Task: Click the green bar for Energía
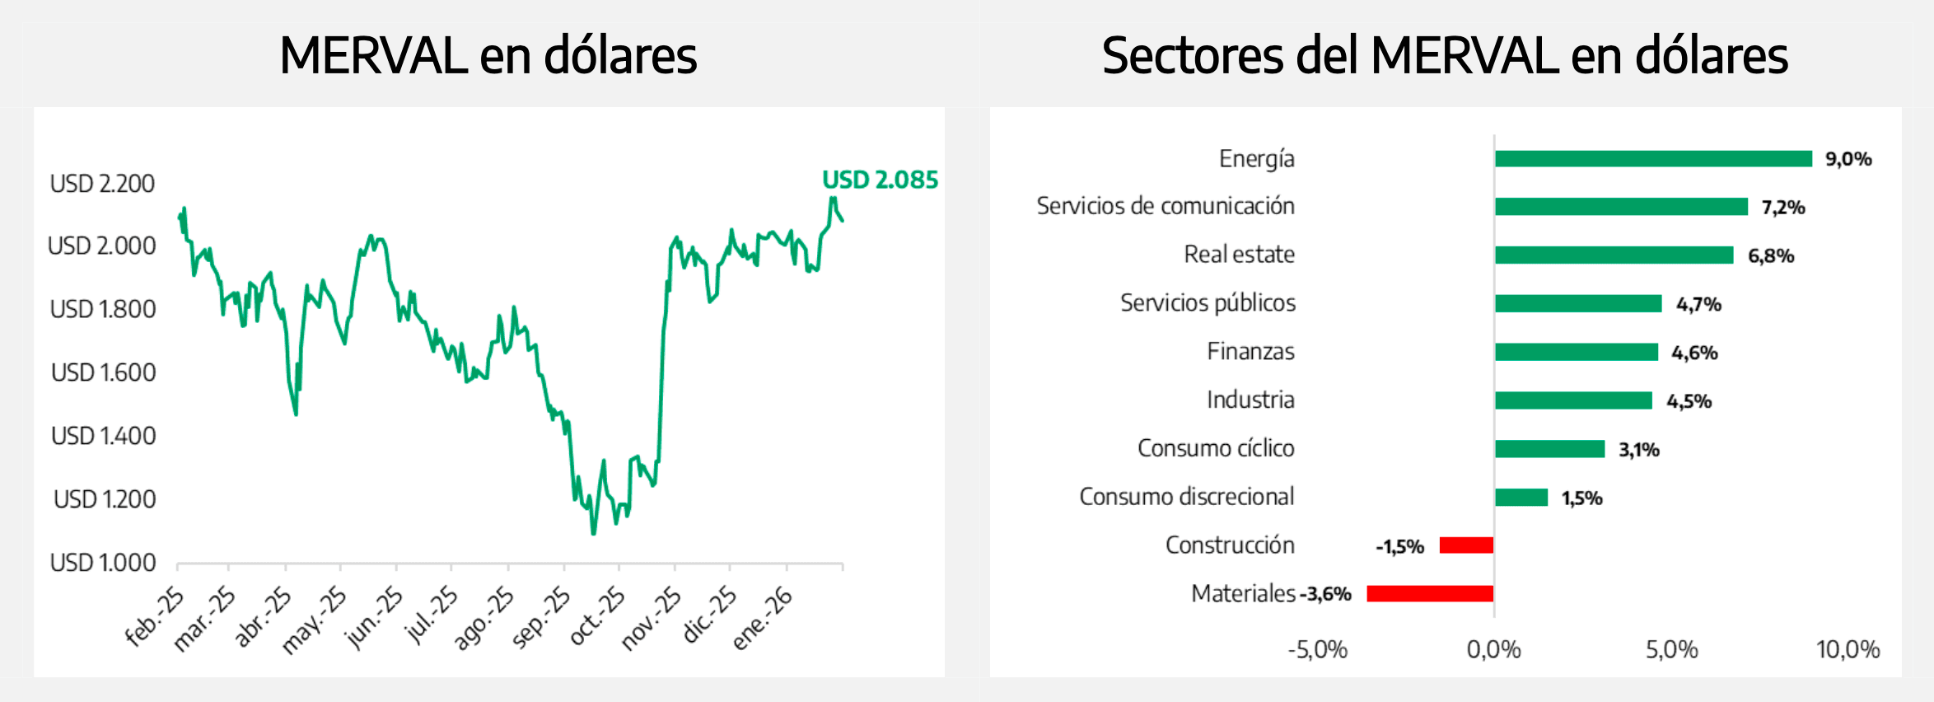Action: point(1653,159)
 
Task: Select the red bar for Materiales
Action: point(1430,593)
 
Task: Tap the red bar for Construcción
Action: point(1466,545)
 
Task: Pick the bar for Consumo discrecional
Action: point(1521,498)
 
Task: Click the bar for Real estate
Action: point(1614,255)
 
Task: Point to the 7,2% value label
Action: point(1783,208)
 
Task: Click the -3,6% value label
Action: point(1326,594)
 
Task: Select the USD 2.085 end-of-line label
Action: point(880,180)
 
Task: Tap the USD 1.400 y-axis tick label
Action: point(103,436)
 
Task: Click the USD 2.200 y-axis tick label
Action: point(102,183)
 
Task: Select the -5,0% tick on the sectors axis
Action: point(1317,650)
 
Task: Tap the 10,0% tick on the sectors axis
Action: point(1848,650)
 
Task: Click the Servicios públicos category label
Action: point(1208,303)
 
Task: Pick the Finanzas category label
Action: point(1250,352)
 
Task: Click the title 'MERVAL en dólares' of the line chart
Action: point(488,56)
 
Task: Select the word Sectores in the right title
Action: point(1192,56)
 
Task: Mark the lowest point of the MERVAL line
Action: point(593,533)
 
